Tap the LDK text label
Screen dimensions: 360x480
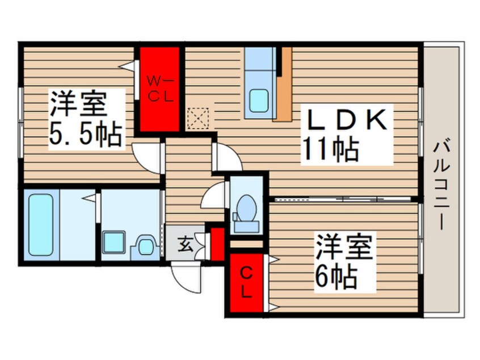coord(347,121)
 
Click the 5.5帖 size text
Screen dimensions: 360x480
coord(86,135)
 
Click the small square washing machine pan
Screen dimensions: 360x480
coord(114,242)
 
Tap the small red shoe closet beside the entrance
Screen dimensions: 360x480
coord(217,244)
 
